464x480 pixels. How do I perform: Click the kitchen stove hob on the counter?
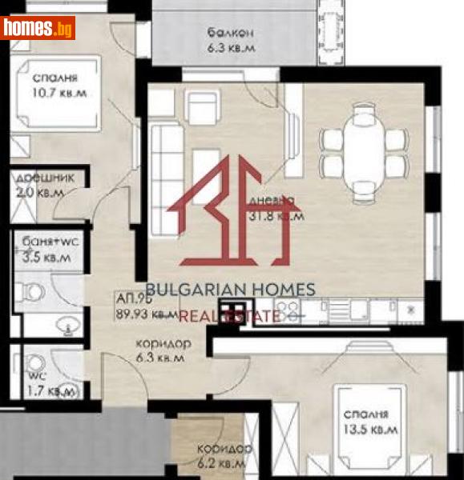tap(288, 308)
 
